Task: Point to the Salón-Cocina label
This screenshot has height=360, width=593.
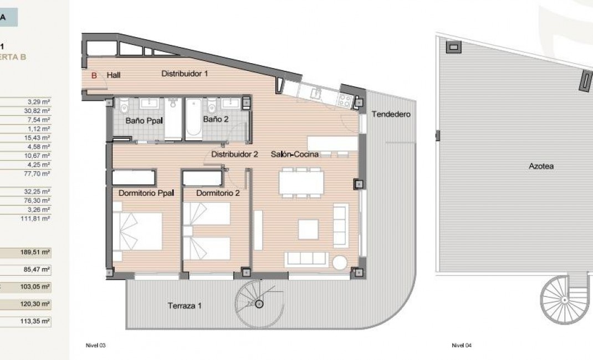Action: click(294, 155)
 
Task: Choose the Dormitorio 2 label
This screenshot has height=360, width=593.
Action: click(218, 193)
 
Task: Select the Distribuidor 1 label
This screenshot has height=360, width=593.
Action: click(185, 73)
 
